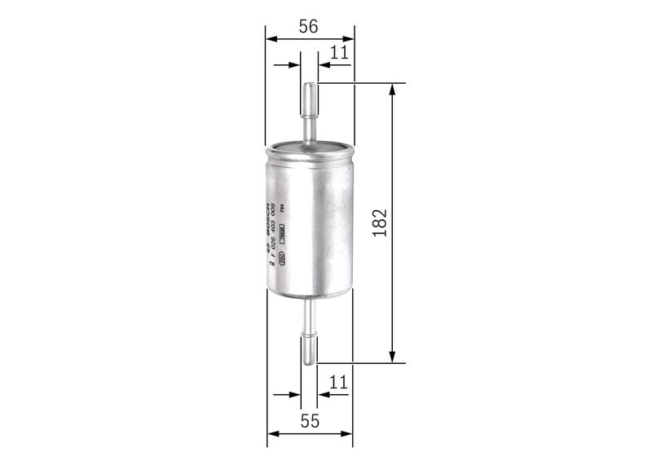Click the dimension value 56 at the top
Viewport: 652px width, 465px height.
pyautogui.click(x=308, y=26)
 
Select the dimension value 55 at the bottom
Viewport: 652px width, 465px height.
pyautogui.click(x=310, y=421)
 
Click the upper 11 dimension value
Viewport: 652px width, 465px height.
pyautogui.click(x=339, y=53)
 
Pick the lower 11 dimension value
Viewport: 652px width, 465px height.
pyautogui.click(x=339, y=381)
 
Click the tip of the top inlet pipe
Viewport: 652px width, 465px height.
pyautogui.click(x=310, y=85)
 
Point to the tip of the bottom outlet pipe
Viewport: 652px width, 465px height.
pyautogui.click(x=309, y=361)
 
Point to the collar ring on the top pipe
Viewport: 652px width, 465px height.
pyautogui.click(x=310, y=116)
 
